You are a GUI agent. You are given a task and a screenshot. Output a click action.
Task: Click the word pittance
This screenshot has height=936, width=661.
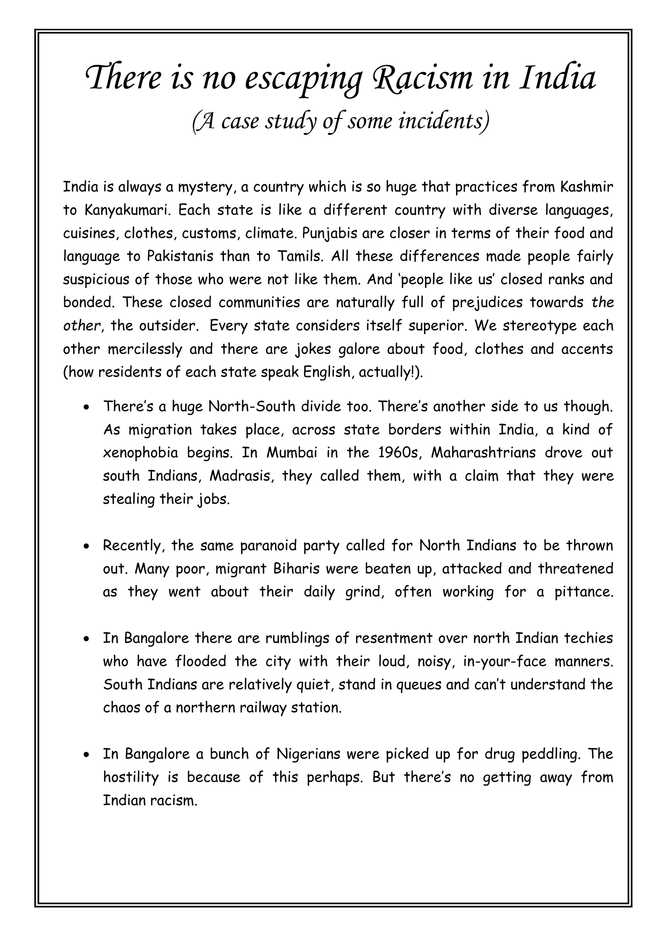(x=584, y=592)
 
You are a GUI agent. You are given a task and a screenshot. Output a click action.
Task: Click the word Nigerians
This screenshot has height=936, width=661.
(x=308, y=754)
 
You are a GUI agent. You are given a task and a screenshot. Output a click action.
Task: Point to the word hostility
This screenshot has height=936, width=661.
(x=130, y=777)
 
